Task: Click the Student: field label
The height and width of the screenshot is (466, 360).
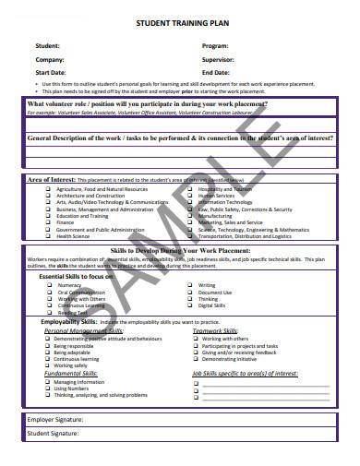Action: [x=48, y=45]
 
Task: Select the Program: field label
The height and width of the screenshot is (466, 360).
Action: [x=215, y=45]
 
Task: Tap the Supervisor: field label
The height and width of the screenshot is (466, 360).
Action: [x=219, y=58]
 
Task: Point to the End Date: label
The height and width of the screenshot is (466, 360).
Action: [x=216, y=72]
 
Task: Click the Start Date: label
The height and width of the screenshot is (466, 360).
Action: [x=52, y=72]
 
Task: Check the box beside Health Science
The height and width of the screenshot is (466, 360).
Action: [x=48, y=235]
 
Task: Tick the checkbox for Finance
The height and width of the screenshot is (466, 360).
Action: [x=48, y=222]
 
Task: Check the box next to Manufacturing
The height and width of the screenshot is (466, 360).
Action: [x=192, y=215]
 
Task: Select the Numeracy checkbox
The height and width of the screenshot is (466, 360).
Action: [x=49, y=285]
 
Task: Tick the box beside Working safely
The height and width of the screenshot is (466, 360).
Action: [x=46, y=365]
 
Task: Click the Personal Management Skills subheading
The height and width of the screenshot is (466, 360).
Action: [x=83, y=330]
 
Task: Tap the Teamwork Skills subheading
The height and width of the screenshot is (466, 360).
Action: [x=214, y=330]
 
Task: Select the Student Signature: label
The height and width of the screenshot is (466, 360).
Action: [x=53, y=432]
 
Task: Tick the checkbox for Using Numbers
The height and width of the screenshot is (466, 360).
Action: [x=46, y=388]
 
